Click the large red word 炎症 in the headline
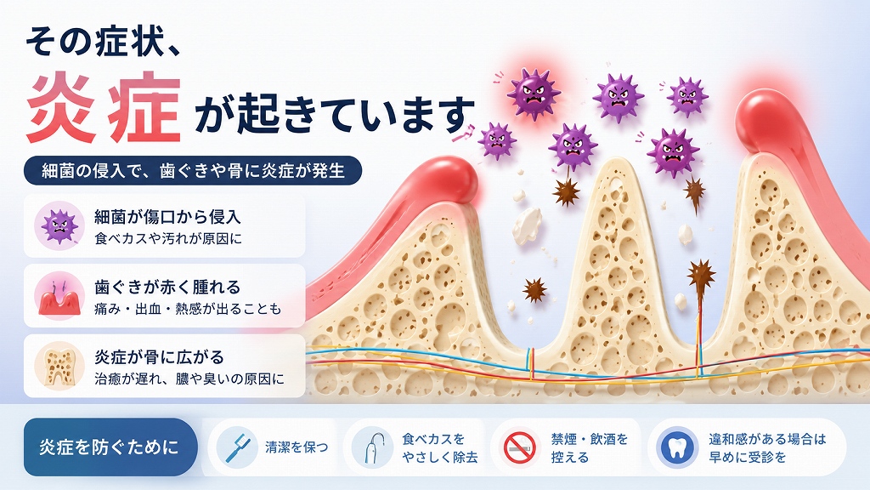(x=104, y=109)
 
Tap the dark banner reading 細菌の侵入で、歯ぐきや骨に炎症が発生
(x=193, y=170)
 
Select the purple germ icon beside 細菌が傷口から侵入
(x=59, y=225)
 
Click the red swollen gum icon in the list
(x=59, y=296)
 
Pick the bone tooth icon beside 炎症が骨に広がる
(x=59, y=366)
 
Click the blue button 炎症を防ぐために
(x=110, y=447)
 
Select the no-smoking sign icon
(x=520, y=447)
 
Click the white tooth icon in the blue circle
(x=677, y=447)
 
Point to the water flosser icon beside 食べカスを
(x=372, y=447)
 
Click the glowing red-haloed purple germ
(x=534, y=93)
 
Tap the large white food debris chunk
(x=527, y=225)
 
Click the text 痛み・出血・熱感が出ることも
(x=188, y=309)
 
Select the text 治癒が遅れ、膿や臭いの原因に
(x=189, y=379)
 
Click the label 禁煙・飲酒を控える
(x=590, y=447)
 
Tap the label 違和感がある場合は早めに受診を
(x=767, y=447)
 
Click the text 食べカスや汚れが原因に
(x=169, y=239)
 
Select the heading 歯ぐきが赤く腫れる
(x=167, y=287)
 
